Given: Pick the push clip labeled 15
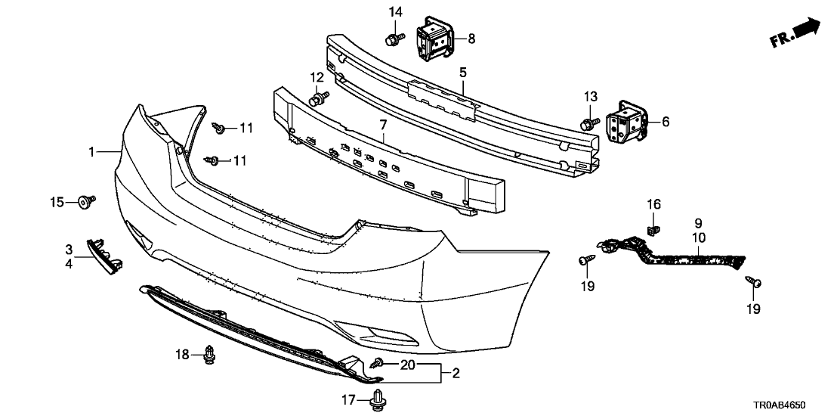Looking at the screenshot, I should click(x=86, y=201).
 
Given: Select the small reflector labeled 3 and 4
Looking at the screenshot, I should click(x=106, y=255).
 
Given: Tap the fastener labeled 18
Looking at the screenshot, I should click(x=208, y=355).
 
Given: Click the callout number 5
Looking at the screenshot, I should click(x=462, y=72).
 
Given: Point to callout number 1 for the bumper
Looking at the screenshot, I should click(x=92, y=152).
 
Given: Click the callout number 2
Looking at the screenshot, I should click(x=456, y=373).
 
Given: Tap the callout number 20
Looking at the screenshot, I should click(x=408, y=364).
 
